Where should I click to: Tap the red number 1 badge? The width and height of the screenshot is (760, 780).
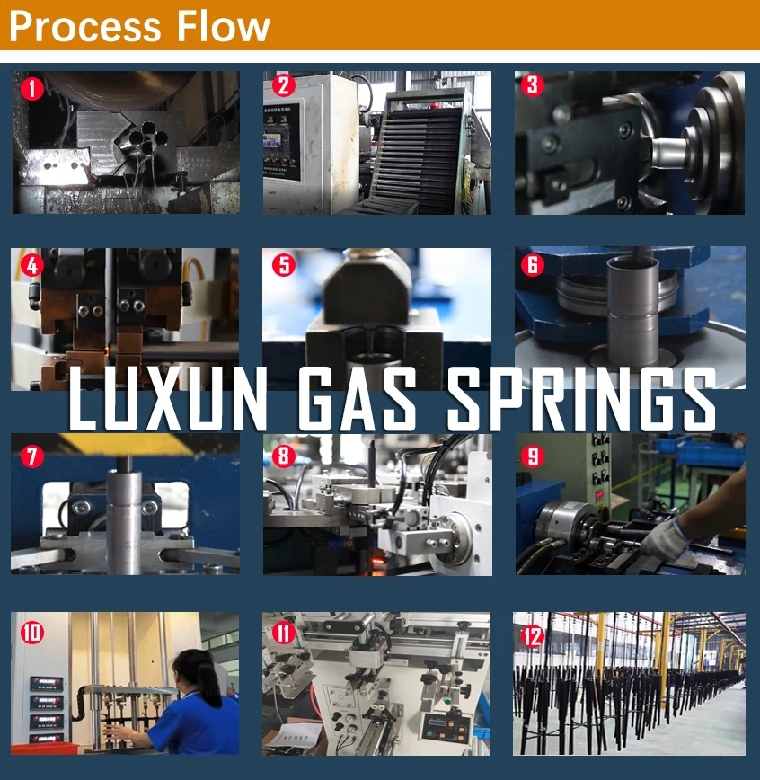32,88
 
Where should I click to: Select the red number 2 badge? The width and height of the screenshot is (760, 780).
284,86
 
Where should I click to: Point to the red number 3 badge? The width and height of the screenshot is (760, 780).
534,85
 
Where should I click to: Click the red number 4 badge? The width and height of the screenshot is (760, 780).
32,265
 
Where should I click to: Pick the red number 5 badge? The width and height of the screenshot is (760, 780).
284,265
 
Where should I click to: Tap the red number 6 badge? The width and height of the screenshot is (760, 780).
534,265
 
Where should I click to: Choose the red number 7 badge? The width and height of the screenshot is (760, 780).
32,456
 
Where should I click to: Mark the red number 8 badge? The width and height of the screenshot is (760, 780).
284,456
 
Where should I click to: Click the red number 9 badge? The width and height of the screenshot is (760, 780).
534,456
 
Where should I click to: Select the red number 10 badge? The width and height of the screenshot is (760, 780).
32,633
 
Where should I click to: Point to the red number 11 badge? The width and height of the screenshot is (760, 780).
284,633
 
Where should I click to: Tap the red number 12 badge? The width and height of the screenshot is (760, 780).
534,636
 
